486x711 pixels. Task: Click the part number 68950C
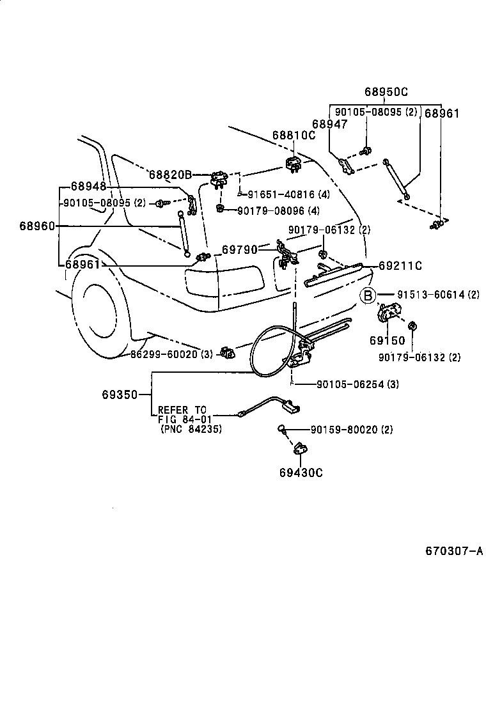click(386, 91)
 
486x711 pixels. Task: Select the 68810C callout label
click(294, 136)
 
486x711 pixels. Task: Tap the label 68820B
click(170, 175)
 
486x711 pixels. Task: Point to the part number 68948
click(88, 187)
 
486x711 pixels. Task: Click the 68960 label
click(36, 226)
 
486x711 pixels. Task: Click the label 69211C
click(400, 265)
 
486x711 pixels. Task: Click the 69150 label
click(387, 340)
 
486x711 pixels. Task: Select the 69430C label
click(301, 473)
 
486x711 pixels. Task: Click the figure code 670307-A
click(454, 551)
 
